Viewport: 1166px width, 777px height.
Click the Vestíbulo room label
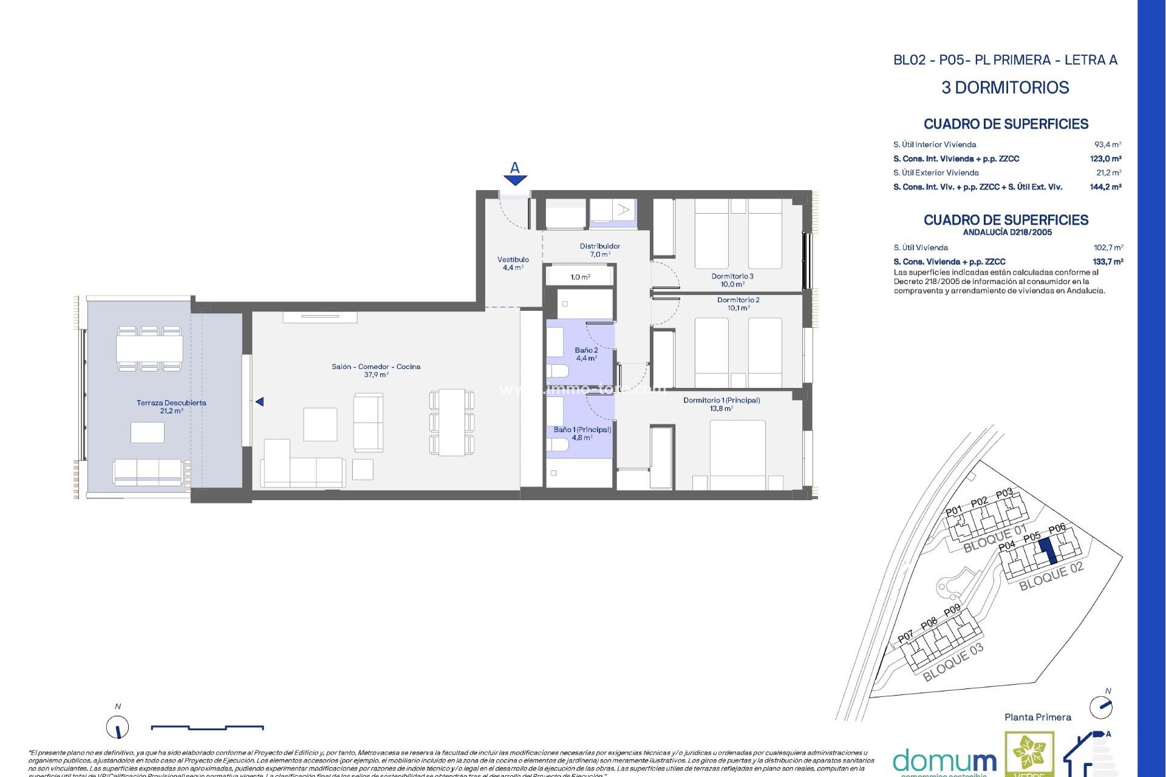(x=513, y=263)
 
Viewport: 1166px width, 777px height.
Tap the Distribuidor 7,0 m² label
(x=599, y=250)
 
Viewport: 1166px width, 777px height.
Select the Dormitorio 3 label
(x=732, y=280)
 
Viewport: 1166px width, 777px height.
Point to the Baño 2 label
(x=586, y=354)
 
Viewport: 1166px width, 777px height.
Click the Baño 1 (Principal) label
(x=582, y=433)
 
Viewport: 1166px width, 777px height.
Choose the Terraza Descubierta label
(x=171, y=406)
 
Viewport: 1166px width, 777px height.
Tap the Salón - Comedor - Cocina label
(x=376, y=370)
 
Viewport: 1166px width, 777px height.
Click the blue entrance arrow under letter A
(x=515, y=180)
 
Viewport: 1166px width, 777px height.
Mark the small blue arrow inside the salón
(x=259, y=402)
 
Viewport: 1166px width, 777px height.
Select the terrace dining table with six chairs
(x=149, y=348)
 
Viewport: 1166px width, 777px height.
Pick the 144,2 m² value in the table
(x=1105, y=187)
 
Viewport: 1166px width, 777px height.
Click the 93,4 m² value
(x=1107, y=144)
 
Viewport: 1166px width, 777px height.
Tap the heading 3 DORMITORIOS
(x=1004, y=87)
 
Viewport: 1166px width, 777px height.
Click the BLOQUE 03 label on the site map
(x=952, y=663)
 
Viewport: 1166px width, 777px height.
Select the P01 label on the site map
(x=954, y=511)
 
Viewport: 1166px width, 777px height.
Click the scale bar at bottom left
(x=206, y=727)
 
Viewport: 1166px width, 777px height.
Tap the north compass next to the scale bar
(x=118, y=727)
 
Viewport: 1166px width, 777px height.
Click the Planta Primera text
(x=1037, y=717)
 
